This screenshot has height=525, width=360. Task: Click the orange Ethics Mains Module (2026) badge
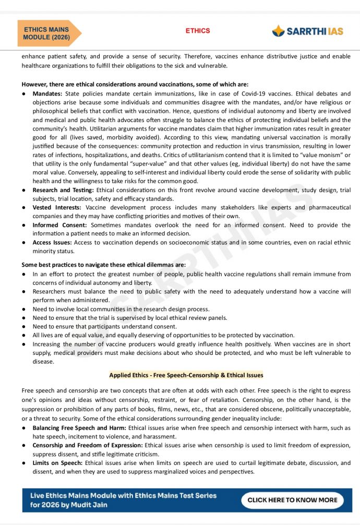pyautogui.click(x=48, y=33)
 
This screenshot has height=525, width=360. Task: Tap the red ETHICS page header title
pyautogui.click(x=198, y=31)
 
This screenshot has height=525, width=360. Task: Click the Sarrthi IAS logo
pyautogui.click(x=307, y=31)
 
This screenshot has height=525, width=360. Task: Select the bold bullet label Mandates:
pyautogui.click(x=47, y=93)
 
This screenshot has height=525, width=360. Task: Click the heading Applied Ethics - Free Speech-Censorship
pyautogui.click(x=186, y=375)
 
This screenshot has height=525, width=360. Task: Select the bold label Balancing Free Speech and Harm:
pyautogui.click(x=79, y=428)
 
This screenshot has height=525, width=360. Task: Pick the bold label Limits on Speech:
pyautogui.click(x=58, y=463)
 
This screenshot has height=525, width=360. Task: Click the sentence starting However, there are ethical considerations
pyautogui.click(x=135, y=84)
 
